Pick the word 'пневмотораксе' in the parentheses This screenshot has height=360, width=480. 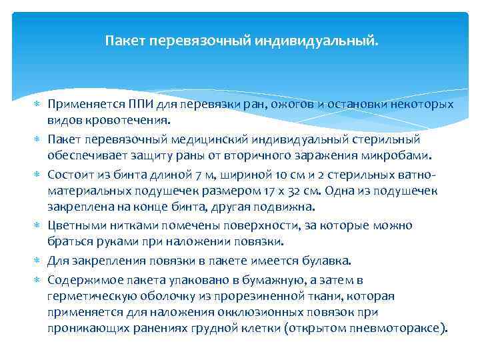click(401, 329)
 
